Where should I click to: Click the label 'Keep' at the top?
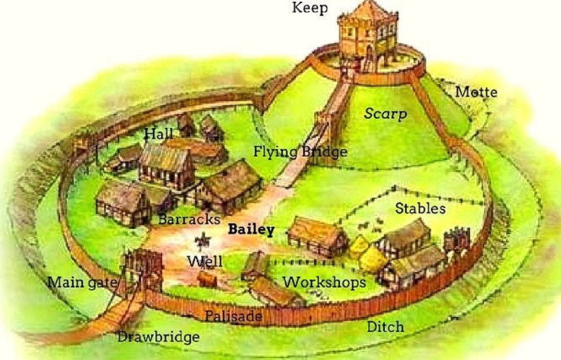(310, 8)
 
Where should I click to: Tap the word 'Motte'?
(476, 92)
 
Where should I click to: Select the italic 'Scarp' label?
(385, 114)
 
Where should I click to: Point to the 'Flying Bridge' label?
(300, 152)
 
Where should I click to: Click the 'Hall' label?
(159, 134)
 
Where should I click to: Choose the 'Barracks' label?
(189, 219)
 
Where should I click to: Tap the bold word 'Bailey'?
(251, 229)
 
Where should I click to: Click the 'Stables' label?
(420, 208)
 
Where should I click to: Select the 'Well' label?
(205, 262)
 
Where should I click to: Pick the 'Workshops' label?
(324, 282)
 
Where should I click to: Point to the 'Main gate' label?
(82, 282)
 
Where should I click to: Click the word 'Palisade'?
(234, 316)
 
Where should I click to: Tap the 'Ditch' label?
(385, 327)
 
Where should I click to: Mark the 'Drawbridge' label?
(158, 337)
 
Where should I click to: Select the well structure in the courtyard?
(203, 241)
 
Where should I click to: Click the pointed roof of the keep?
(368, 10)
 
